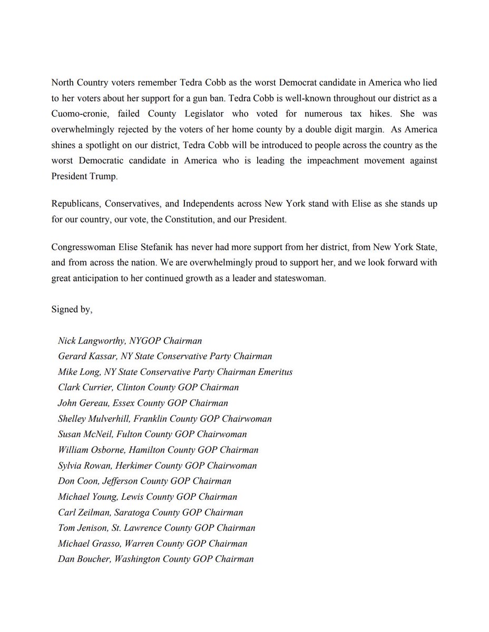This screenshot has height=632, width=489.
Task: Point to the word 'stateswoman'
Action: pyautogui.click(x=301, y=279)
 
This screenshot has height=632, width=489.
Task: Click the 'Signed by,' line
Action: pyautogui.click(x=72, y=310)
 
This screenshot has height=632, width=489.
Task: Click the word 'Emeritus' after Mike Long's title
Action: pyautogui.click(x=275, y=372)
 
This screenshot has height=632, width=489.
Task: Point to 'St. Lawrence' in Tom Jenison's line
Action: pyautogui.click(x=133, y=528)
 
